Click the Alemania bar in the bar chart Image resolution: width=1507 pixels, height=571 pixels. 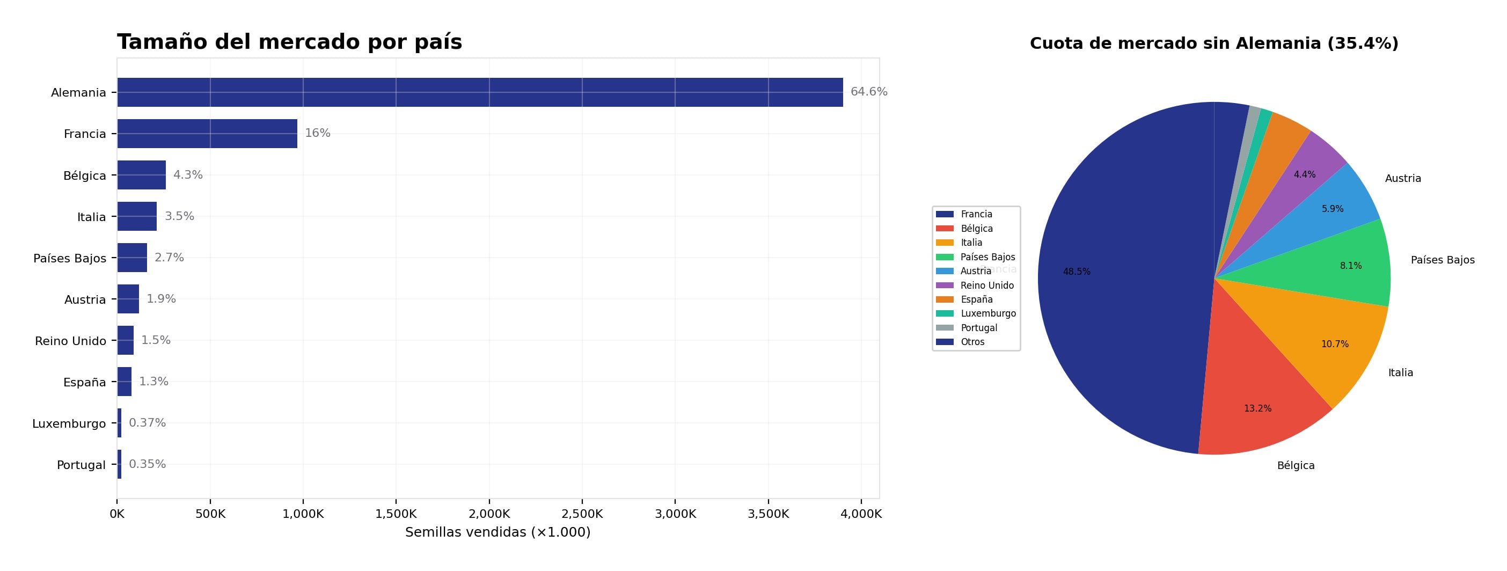pos(480,92)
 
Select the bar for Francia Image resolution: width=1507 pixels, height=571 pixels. pos(207,134)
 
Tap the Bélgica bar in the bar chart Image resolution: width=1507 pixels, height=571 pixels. pos(142,175)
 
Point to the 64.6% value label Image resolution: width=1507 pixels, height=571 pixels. pos(869,92)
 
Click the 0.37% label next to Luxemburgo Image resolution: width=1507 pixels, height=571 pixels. pos(148,423)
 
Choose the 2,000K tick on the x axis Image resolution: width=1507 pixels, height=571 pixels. pos(489,514)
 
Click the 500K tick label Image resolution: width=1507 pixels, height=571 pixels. pos(210,514)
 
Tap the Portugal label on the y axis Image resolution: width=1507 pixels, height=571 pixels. pos(82,465)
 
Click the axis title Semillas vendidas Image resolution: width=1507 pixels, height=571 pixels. pos(498,532)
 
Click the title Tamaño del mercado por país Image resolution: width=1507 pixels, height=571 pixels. pos(290,42)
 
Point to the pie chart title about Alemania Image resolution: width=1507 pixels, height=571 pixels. pos(1214,43)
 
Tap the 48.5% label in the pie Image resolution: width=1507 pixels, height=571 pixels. pos(1077,272)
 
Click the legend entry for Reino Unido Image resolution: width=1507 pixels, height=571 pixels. pos(987,285)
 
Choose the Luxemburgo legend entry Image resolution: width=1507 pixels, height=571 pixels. pos(988,313)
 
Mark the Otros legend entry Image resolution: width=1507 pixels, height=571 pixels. pos(972,342)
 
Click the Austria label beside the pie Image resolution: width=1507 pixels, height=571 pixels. pos(1403,178)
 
